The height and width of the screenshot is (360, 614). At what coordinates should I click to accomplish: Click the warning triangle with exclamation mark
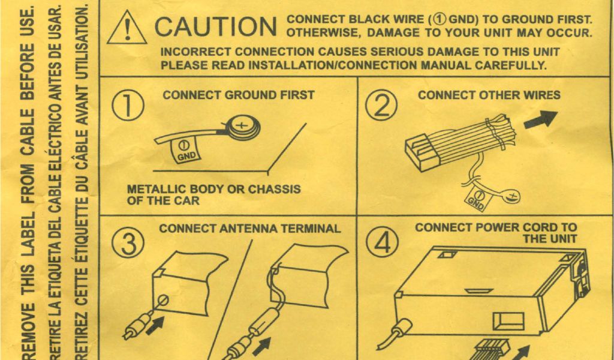(x=127, y=28)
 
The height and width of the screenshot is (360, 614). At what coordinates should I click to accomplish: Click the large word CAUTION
(x=215, y=26)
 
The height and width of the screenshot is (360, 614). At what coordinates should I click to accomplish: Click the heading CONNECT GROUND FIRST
(x=238, y=95)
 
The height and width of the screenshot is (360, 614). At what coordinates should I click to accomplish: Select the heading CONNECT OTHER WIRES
(x=489, y=95)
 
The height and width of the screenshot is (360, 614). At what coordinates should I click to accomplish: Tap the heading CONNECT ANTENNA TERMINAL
(x=249, y=229)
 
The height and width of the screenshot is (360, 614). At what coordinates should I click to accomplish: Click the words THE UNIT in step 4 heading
(x=549, y=239)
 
